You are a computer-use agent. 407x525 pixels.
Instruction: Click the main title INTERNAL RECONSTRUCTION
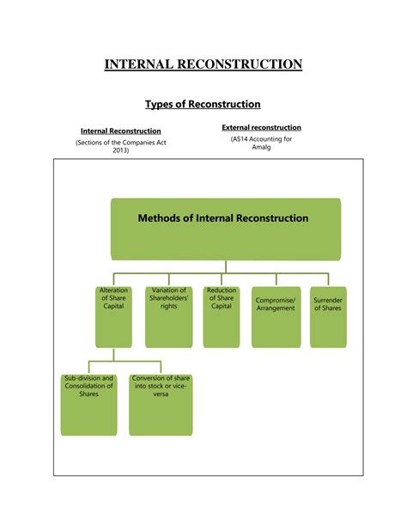203,64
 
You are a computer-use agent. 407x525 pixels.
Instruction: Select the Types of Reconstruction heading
203,104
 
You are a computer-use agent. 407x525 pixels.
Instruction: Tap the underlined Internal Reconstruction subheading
121,131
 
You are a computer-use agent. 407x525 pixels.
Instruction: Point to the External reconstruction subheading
261,127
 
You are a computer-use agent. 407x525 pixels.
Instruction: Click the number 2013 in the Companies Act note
120,150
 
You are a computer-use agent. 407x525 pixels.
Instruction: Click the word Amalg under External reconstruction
261,147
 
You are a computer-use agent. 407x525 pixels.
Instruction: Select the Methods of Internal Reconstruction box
226,229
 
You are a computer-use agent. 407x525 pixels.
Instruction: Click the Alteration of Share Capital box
113,317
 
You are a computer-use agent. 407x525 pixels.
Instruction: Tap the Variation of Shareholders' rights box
168,317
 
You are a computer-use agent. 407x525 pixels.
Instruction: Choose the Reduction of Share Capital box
222,317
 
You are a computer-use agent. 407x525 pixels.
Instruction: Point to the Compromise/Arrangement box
276,317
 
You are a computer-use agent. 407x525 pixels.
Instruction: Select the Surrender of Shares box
328,317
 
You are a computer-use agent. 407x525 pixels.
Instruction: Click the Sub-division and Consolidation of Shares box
88,405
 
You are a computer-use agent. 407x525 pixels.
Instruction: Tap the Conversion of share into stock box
161,405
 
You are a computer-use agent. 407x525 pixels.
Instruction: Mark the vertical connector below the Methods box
226,267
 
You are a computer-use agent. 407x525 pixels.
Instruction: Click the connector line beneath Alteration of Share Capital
113,354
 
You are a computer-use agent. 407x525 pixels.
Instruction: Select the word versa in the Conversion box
161,394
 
